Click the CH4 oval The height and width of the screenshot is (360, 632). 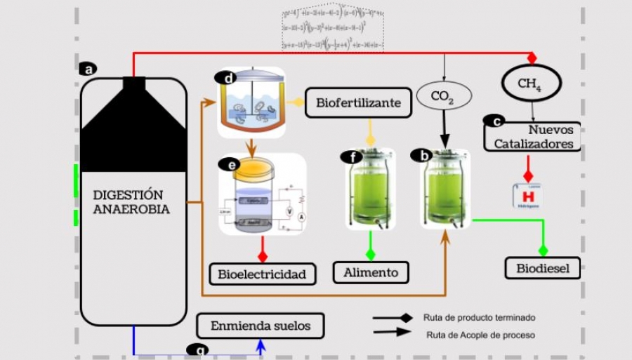pyautogui.click(x=531, y=84)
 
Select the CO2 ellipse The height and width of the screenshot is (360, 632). pyautogui.click(x=444, y=95)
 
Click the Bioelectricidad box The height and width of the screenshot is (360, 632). pyautogui.click(x=262, y=274)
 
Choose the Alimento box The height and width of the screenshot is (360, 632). pyautogui.click(x=370, y=272)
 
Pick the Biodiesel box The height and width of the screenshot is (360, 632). pyautogui.click(x=543, y=267)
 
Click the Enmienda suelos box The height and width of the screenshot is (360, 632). pyautogui.click(x=260, y=326)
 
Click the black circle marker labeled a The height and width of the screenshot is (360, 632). pyautogui.click(x=87, y=69)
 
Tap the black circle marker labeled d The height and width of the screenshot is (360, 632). pyautogui.click(x=227, y=78)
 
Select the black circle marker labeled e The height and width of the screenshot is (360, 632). pyautogui.click(x=229, y=164)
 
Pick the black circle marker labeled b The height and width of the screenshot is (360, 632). pyautogui.click(x=421, y=155)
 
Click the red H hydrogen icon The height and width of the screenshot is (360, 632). pyautogui.click(x=527, y=196)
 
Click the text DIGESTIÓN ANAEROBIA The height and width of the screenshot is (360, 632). pyautogui.click(x=131, y=202)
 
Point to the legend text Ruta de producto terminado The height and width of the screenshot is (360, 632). pyautogui.click(x=479, y=317)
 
